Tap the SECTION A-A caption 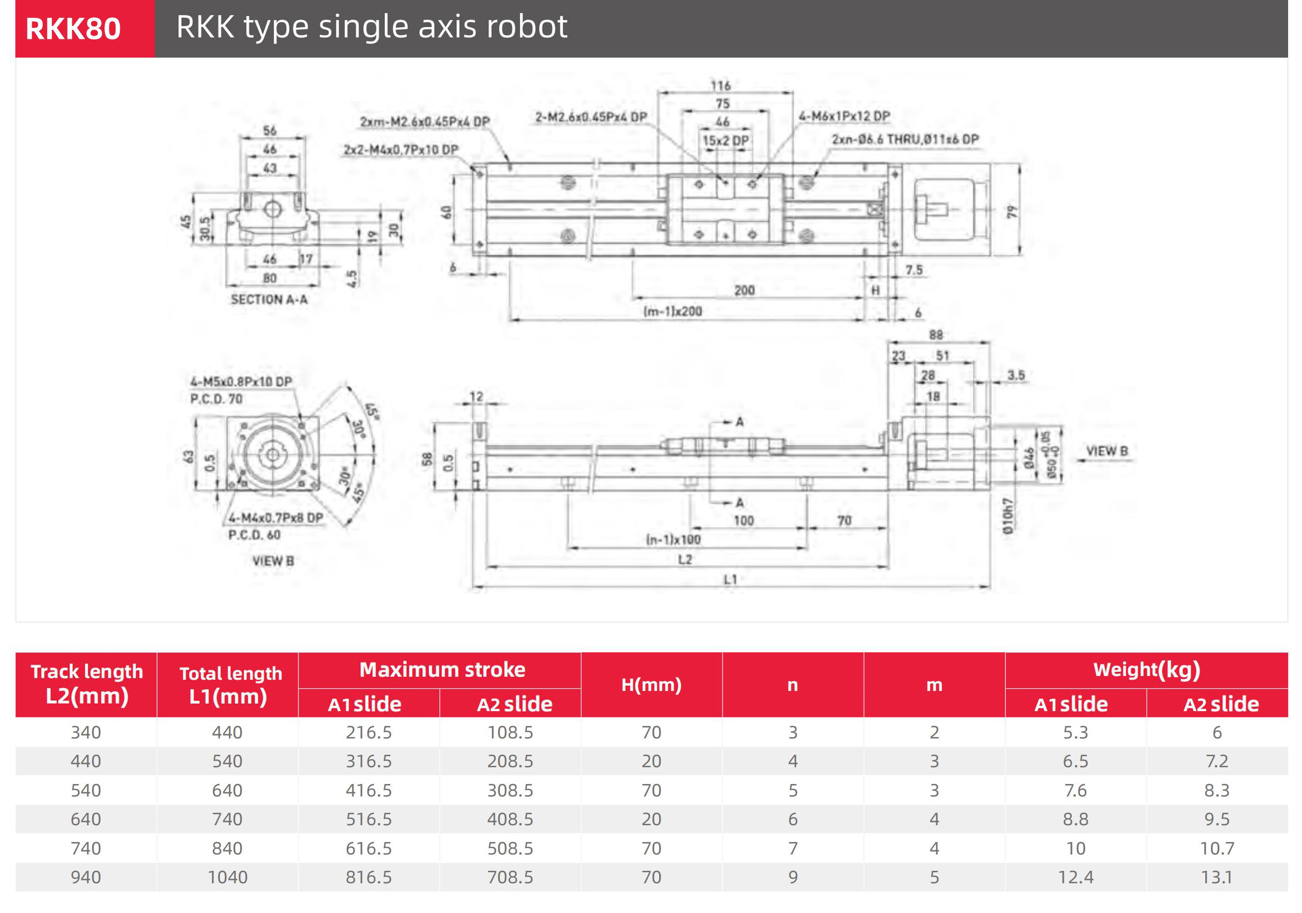click(269, 299)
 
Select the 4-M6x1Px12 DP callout click(844, 116)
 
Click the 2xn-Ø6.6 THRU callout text click(905, 139)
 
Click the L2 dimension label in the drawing click(685, 560)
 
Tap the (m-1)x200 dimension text click(673, 311)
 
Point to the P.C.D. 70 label click(216, 399)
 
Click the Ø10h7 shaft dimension click(1007, 515)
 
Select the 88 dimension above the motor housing click(936, 335)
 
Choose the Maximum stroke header click(442, 670)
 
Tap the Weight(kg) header click(1146, 670)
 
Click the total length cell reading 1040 click(227, 877)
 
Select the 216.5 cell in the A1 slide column click(369, 732)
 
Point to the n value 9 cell click(792, 877)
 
